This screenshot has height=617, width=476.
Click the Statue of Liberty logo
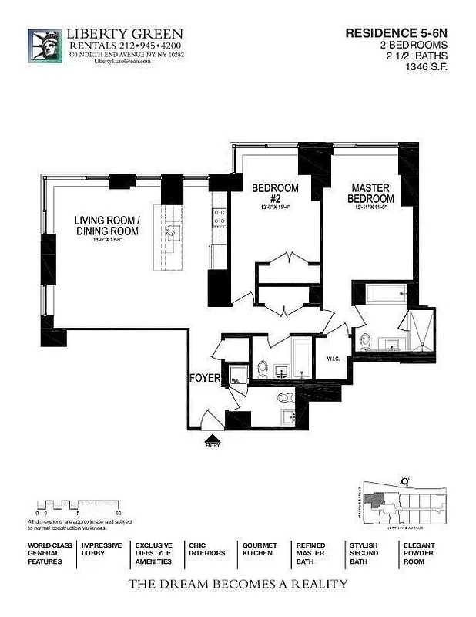tap(45, 46)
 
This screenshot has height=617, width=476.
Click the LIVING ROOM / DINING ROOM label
tap(107, 225)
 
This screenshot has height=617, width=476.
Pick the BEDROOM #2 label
tap(275, 193)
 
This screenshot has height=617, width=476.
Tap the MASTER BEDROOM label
tap(370, 193)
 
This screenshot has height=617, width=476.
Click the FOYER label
tap(205, 378)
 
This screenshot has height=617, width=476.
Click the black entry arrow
tap(212, 437)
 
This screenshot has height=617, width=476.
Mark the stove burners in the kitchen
tap(219, 219)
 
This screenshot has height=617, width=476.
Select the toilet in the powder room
tap(283, 399)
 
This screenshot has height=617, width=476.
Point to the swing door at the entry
tap(208, 419)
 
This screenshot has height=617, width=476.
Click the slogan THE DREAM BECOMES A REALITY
tap(237, 584)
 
